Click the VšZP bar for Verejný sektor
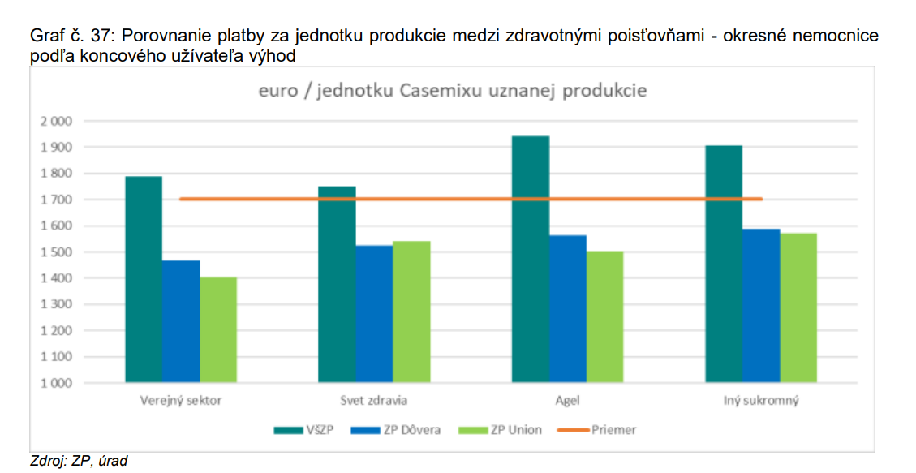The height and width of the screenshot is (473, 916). pos(143,279)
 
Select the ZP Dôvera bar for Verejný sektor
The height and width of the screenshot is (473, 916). pos(181,321)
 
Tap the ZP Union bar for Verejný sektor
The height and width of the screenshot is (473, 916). pos(218,329)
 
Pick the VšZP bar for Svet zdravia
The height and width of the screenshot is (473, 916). pos(337,284)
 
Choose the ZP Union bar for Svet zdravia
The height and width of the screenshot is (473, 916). pos(411,312)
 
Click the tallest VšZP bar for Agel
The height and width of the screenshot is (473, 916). pos(531,259)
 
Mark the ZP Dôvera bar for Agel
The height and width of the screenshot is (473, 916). pos(568,308)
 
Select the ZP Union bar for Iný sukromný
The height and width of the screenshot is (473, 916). pos(798,307)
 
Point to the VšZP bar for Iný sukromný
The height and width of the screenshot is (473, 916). pos(724,264)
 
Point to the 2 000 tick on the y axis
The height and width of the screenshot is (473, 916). pos(56,122)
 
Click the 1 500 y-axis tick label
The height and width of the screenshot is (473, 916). pos(56,252)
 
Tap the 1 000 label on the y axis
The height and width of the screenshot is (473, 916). pos(56,383)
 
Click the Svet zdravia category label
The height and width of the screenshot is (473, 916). pos(374,401)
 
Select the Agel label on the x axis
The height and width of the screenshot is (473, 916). pos(568,401)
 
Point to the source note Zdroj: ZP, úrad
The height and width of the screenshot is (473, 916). pos(79,461)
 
